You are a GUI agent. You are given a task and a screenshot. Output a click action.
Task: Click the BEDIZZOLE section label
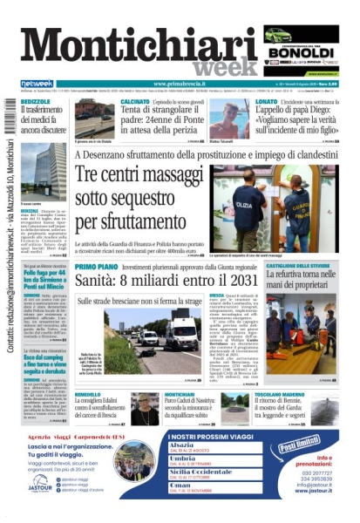click(36, 101)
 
